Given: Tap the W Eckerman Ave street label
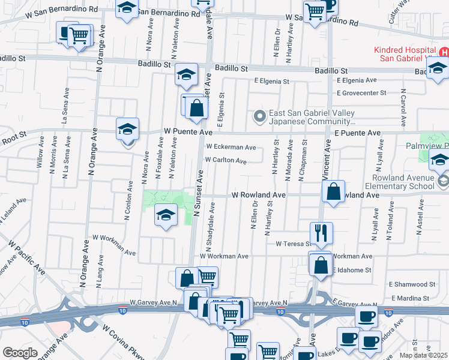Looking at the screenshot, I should pyautogui.click(x=231, y=147).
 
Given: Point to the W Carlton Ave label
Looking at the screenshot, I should pyautogui.click(x=226, y=161).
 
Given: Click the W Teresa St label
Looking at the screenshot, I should pyautogui.click(x=294, y=244).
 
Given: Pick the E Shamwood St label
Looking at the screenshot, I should pyautogui.click(x=412, y=284).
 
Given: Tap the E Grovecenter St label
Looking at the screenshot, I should pyautogui.click(x=361, y=93).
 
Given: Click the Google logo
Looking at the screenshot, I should pyautogui.click(x=20, y=353).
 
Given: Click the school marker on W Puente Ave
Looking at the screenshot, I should pyautogui.click(x=127, y=130).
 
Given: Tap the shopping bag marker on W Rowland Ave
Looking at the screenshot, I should pyautogui.click(x=334, y=192).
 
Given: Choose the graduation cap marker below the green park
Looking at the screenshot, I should pyautogui.click(x=164, y=216).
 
